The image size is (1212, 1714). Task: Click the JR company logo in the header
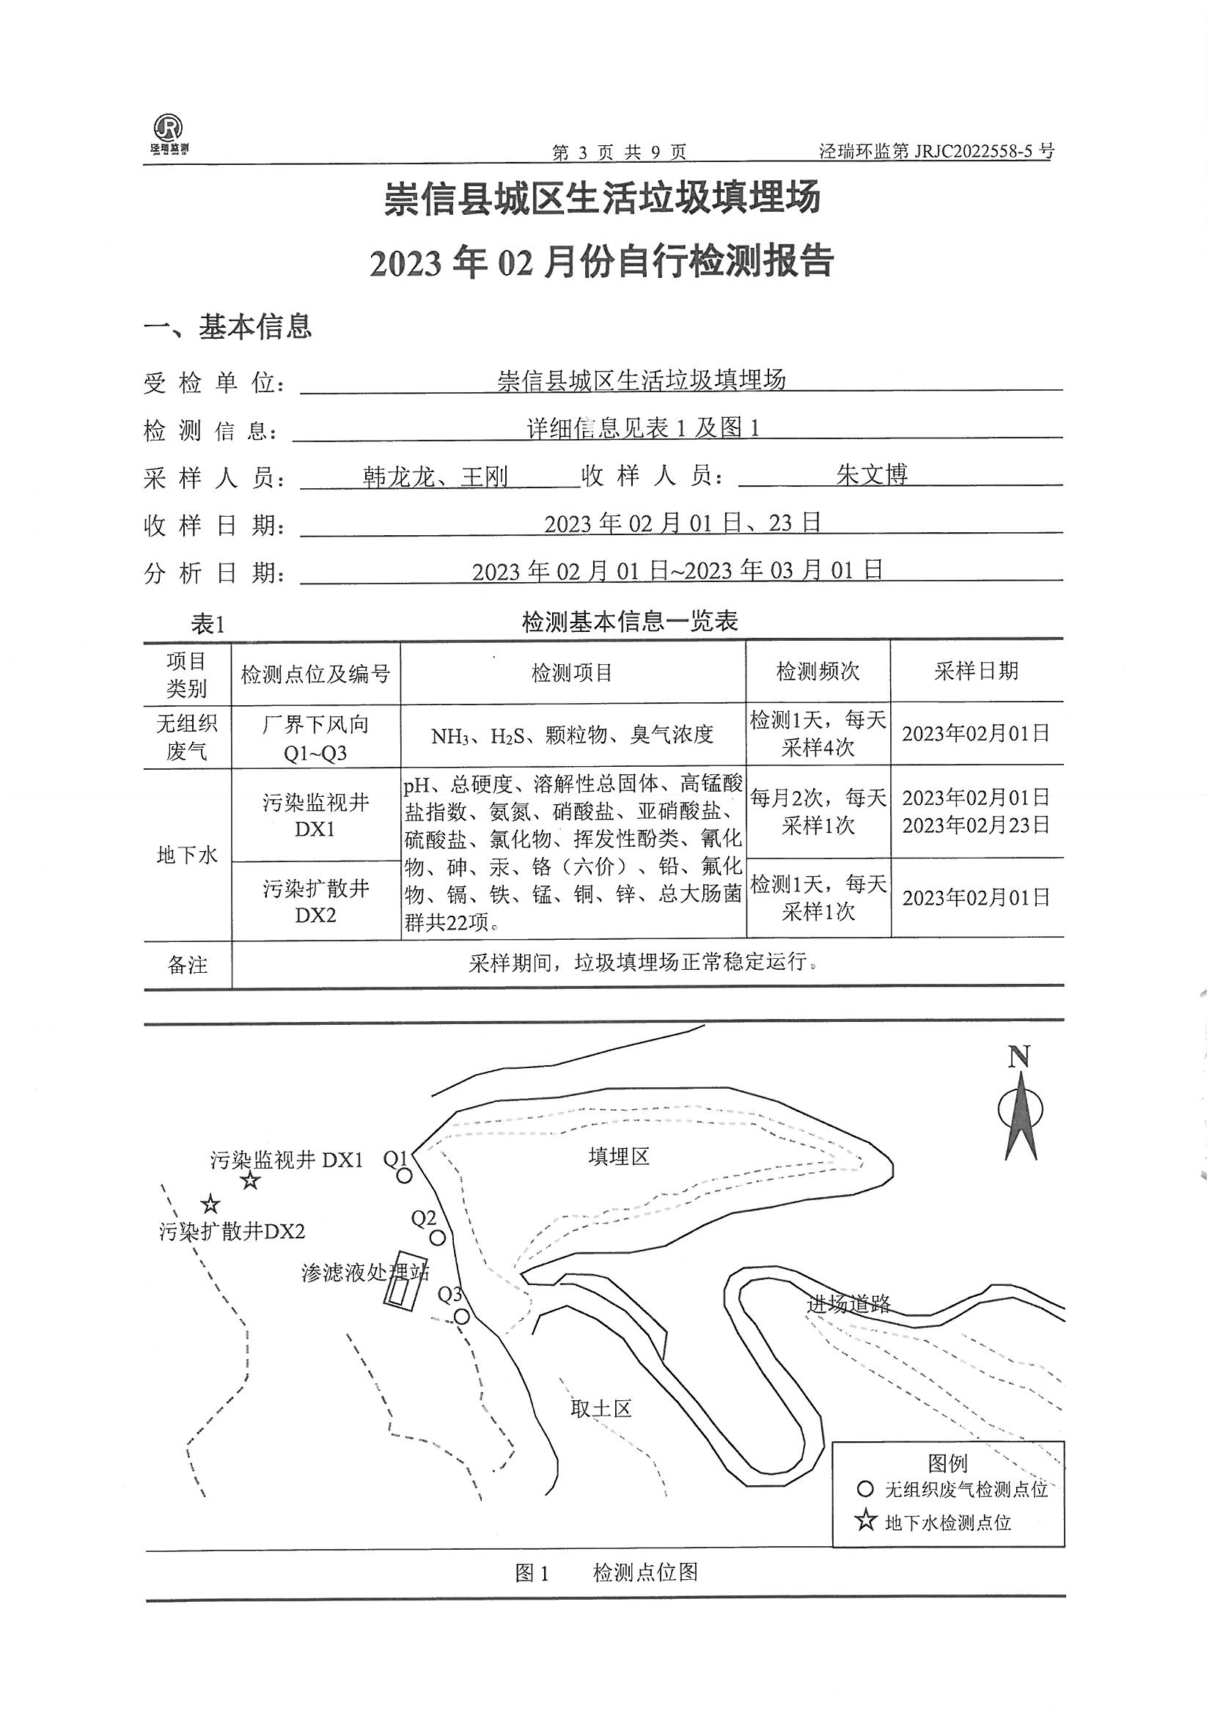[169, 133]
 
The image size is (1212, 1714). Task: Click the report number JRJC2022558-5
[936, 152]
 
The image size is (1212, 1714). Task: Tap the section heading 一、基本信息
[228, 326]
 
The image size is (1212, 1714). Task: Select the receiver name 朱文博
[872, 475]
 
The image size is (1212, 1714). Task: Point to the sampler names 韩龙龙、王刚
[436, 477]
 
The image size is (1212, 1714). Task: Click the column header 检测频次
[818, 671]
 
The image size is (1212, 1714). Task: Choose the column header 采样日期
[976, 671]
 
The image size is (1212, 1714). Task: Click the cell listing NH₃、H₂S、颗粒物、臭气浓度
[572, 735]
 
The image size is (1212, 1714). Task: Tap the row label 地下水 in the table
[187, 855]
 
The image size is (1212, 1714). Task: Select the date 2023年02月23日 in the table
[976, 825]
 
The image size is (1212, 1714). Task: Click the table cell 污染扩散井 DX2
[315, 901]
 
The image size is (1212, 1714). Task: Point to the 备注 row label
[187, 965]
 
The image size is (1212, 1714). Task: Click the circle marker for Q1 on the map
[404, 1176]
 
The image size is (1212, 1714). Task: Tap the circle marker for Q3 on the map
[462, 1317]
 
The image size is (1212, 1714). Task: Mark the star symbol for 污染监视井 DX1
[250, 1181]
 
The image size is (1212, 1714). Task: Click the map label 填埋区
[618, 1157]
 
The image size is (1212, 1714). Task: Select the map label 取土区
[601, 1409]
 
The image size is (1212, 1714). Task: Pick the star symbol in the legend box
[865, 1520]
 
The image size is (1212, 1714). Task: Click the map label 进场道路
[848, 1304]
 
